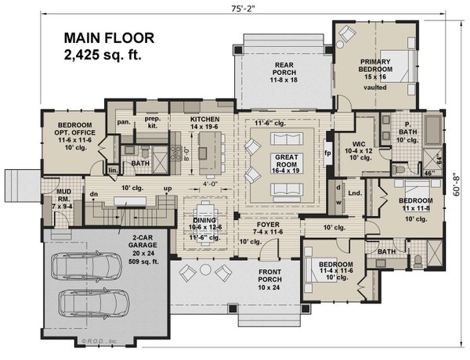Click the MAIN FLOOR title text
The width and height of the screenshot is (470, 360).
110,37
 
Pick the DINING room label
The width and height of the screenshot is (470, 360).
205,221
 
